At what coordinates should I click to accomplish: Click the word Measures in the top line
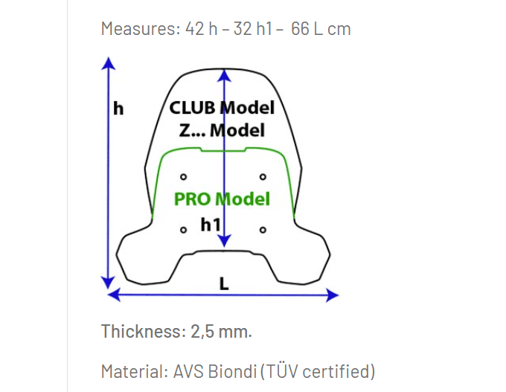[x=141, y=29]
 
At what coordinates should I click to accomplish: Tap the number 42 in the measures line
[x=195, y=29]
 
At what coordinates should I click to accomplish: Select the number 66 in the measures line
[x=300, y=29]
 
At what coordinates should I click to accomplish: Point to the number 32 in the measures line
[x=243, y=29]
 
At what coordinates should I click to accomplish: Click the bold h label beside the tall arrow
[x=118, y=109]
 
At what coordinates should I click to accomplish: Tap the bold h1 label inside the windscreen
[x=211, y=224]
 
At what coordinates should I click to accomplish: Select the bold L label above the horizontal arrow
[x=224, y=283]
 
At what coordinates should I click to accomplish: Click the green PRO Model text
[x=222, y=199]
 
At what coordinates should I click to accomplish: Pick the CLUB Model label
[x=222, y=107]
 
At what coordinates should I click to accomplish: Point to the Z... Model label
[x=222, y=130]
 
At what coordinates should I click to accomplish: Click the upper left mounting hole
[x=183, y=177]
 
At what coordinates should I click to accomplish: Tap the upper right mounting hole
[x=263, y=177]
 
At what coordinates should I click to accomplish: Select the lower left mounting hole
[x=183, y=230]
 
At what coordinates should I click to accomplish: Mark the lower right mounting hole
[x=263, y=230]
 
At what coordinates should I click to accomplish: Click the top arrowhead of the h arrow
[x=109, y=63]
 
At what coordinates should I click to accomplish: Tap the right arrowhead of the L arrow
[x=332, y=295]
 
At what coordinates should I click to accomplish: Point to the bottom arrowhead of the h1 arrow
[x=224, y=241]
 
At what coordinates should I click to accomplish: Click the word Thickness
[x=141, y=331]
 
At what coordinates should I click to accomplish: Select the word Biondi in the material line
[x=232, y=371]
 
